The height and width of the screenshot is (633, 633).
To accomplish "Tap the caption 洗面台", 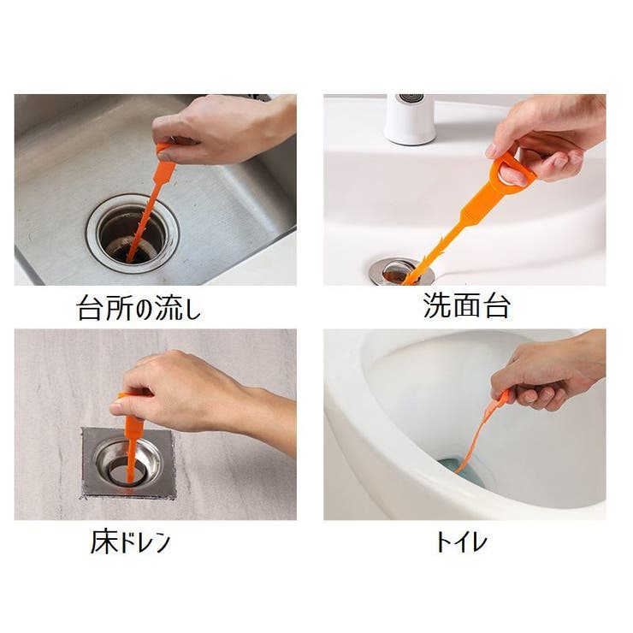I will click(x=466, y=307).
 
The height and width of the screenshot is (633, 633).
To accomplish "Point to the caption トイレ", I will click(x=461, y=541).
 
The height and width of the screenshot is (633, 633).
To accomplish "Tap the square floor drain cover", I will click(x=128, y=463).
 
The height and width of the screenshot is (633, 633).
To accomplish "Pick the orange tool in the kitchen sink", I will click(x=147, y=205).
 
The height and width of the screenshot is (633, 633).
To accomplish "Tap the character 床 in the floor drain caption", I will click(x=102, y=541).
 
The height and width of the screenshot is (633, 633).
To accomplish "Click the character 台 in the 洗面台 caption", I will click(x=495, y=307).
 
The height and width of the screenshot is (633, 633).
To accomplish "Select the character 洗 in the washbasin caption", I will click(x=437, y=307).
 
